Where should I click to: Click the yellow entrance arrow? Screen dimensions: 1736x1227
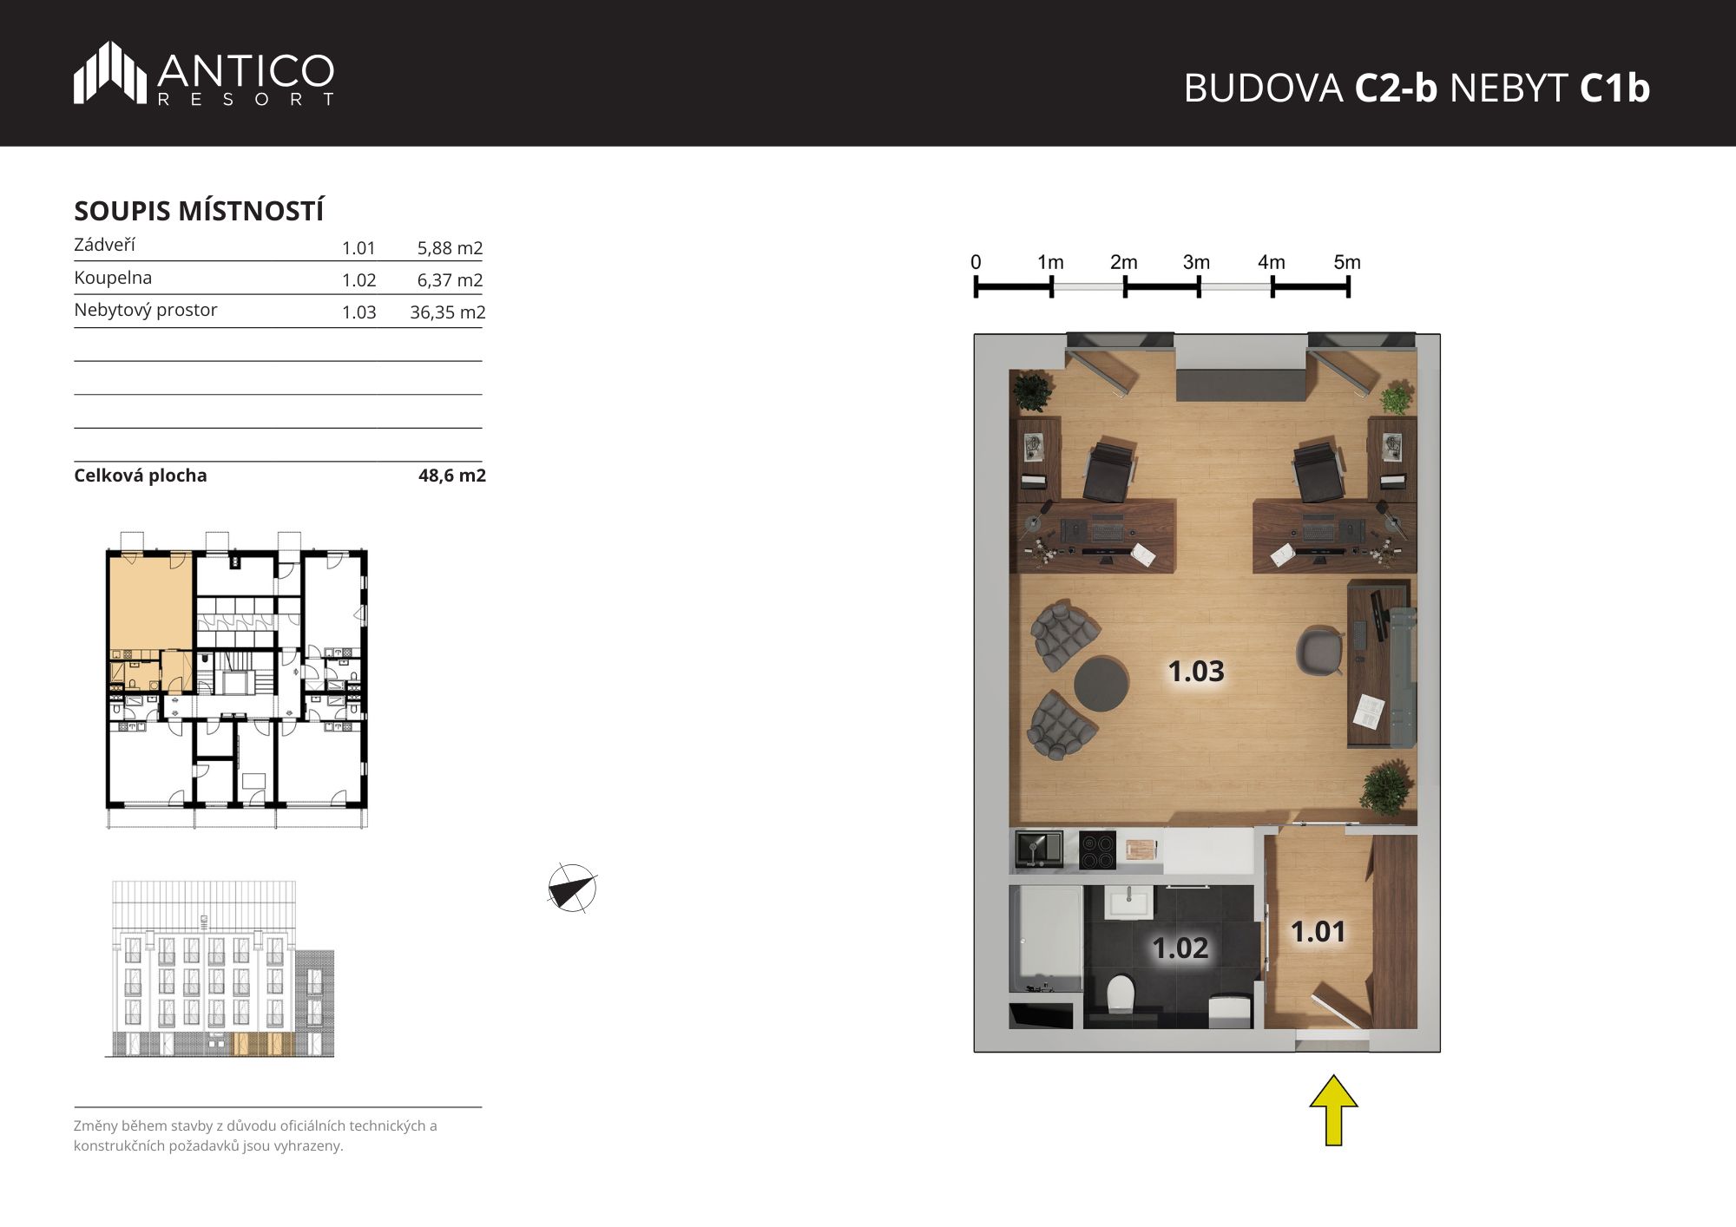[1333, 1110]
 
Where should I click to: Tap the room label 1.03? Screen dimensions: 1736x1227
[1196, 671]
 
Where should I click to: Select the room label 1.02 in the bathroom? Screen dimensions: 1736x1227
[1180, 948]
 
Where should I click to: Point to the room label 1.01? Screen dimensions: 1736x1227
[1318, 932]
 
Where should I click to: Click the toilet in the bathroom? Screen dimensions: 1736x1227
[1121, 993]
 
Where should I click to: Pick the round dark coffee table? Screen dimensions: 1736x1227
[1101, 684]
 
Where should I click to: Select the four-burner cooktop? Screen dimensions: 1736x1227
[1097, 850]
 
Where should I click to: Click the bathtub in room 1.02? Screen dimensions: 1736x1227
[1046, 939]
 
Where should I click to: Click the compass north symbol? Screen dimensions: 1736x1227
[572, 889]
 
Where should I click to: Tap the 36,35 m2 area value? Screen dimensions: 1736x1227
[447, 312]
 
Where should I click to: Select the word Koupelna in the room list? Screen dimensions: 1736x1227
[113, 278]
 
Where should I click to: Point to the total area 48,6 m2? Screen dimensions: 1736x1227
[452, 476]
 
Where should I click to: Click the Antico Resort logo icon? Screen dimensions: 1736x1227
[110, 73]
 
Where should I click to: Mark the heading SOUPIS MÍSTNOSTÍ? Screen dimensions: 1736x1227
[199, 211]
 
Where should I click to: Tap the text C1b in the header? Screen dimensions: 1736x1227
[1614, 88]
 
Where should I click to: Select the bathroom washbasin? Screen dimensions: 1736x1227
[1128, 902]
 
